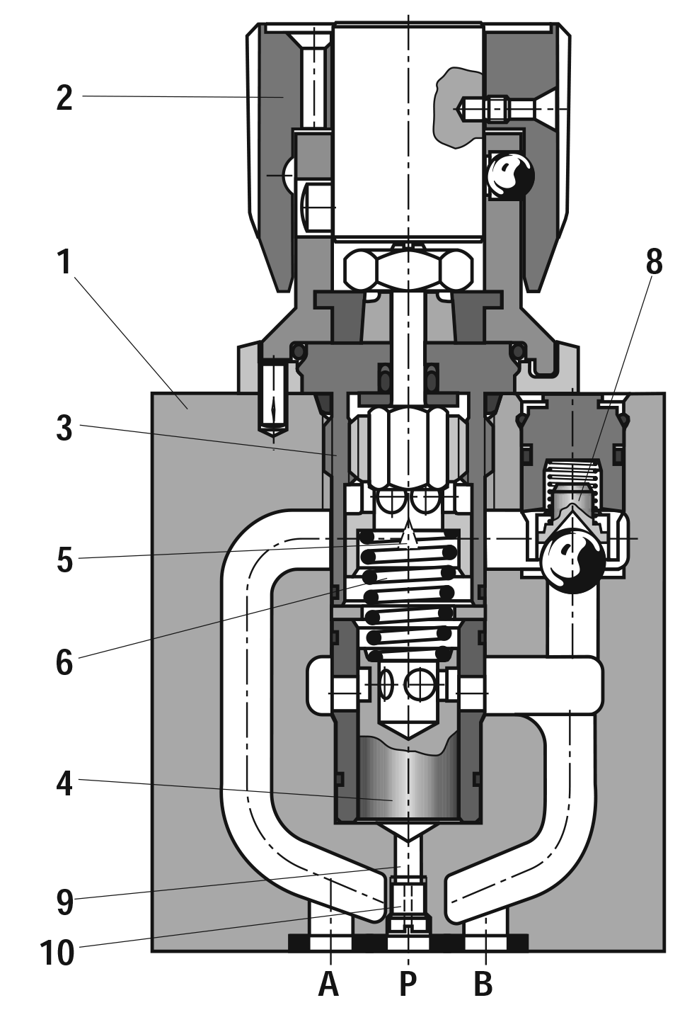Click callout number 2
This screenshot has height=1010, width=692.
tap(64, 98)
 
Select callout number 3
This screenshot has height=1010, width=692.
tap(64, 428)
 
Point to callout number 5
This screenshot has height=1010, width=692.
tap(64, 560)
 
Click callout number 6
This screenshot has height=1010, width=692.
tap(64, 663)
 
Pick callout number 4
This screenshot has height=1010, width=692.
tap(64, 784)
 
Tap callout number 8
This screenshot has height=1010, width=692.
tap(654, 261)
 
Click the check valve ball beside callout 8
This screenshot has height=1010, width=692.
tap(572, 560)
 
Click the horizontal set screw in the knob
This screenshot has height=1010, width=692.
tap(495, 108)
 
